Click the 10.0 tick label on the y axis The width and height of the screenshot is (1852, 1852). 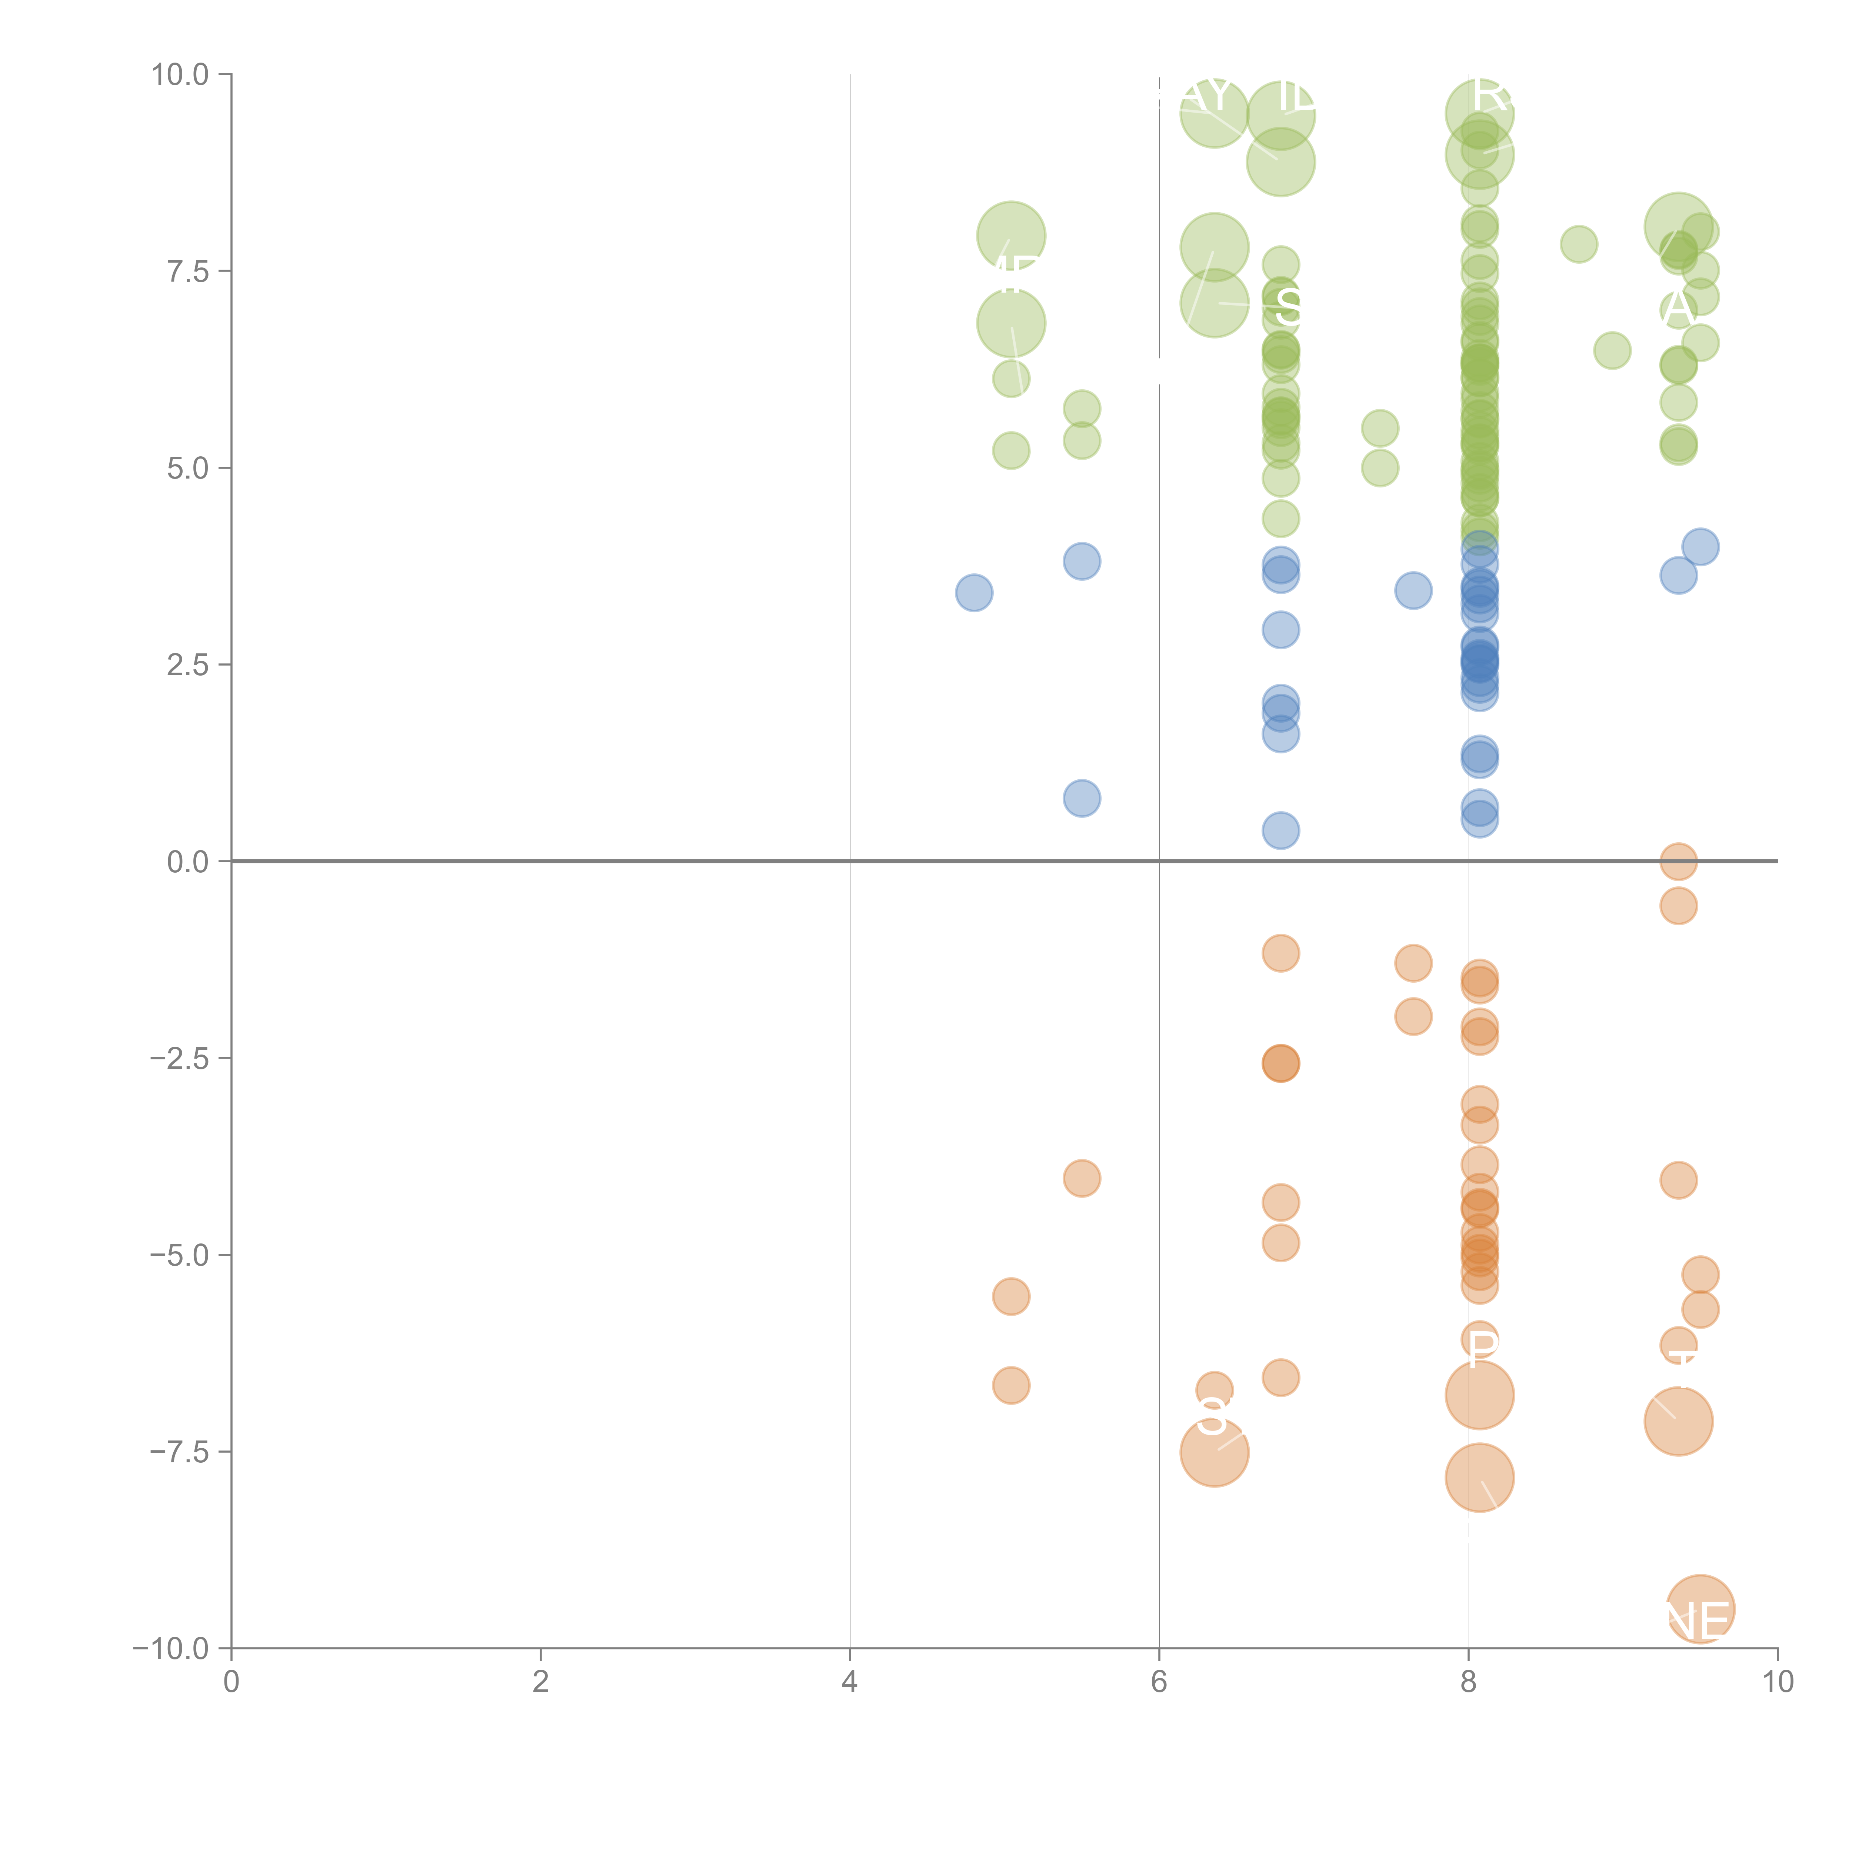tap(180, 75)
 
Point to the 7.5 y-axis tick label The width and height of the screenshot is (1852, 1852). tap(188, 271)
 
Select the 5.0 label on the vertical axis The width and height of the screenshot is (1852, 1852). tap(188, 468)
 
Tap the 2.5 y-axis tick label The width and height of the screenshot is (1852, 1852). tap(188, 664)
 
